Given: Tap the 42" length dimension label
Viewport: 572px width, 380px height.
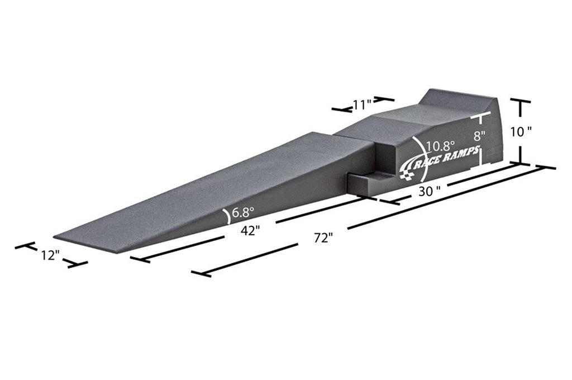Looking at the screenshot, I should coord(251,230).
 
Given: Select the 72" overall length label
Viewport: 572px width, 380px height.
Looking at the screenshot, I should coord(323,237).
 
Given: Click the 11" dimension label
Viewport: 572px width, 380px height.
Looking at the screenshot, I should coord(363,104).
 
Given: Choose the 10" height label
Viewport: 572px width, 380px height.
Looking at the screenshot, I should coord(521,131).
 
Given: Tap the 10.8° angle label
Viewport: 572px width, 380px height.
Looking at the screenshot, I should coord(441,146).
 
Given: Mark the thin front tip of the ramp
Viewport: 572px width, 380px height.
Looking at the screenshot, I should coord(61,236).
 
